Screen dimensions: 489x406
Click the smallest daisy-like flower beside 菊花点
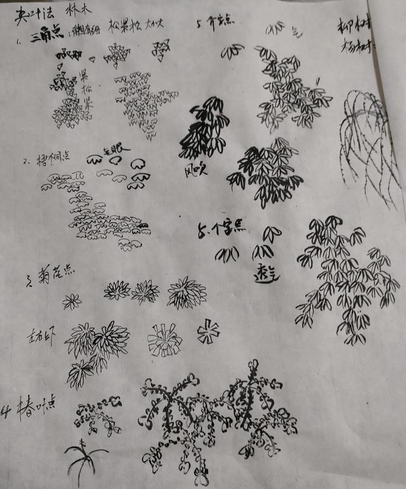click(72, 301)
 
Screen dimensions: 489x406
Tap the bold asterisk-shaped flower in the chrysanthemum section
click(207, 331)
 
